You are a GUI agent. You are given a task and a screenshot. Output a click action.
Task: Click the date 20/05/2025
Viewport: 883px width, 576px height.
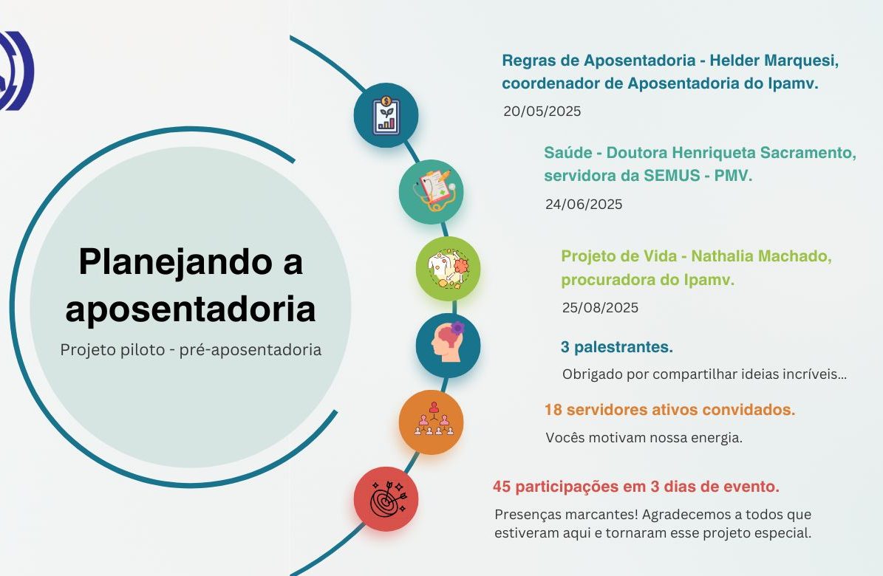[x=542, y=111]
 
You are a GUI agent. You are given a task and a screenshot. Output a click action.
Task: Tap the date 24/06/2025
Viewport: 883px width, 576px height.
[x=584, y=204]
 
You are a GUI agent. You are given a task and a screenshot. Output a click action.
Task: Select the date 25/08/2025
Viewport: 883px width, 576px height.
[x=600, y=307]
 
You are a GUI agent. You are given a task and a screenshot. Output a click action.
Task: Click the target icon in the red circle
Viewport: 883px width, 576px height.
[x=388, y=499]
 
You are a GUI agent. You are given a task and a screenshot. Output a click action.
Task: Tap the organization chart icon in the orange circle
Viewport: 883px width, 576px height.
[x=434, y=419]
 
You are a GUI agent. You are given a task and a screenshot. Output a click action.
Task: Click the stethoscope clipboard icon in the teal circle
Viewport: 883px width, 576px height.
[x=434, y=190]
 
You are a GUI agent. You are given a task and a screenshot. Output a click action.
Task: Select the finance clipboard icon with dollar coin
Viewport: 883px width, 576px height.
[x=386, y=115]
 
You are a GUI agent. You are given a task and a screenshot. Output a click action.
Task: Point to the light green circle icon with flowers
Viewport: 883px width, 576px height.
[x=449, y=269]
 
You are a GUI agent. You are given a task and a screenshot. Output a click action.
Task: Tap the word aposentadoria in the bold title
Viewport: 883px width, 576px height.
[x=191, y=309]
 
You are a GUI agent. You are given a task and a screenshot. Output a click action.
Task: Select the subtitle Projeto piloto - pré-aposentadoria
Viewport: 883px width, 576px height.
[x=191, y=349]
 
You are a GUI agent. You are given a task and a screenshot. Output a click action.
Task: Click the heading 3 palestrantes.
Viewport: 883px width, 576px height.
[x=617, y=347]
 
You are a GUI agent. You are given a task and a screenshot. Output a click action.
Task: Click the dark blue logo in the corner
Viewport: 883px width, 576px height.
[x=17, y=70]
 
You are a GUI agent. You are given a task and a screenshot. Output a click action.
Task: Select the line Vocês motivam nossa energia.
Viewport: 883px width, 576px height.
[x=644, y=437]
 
